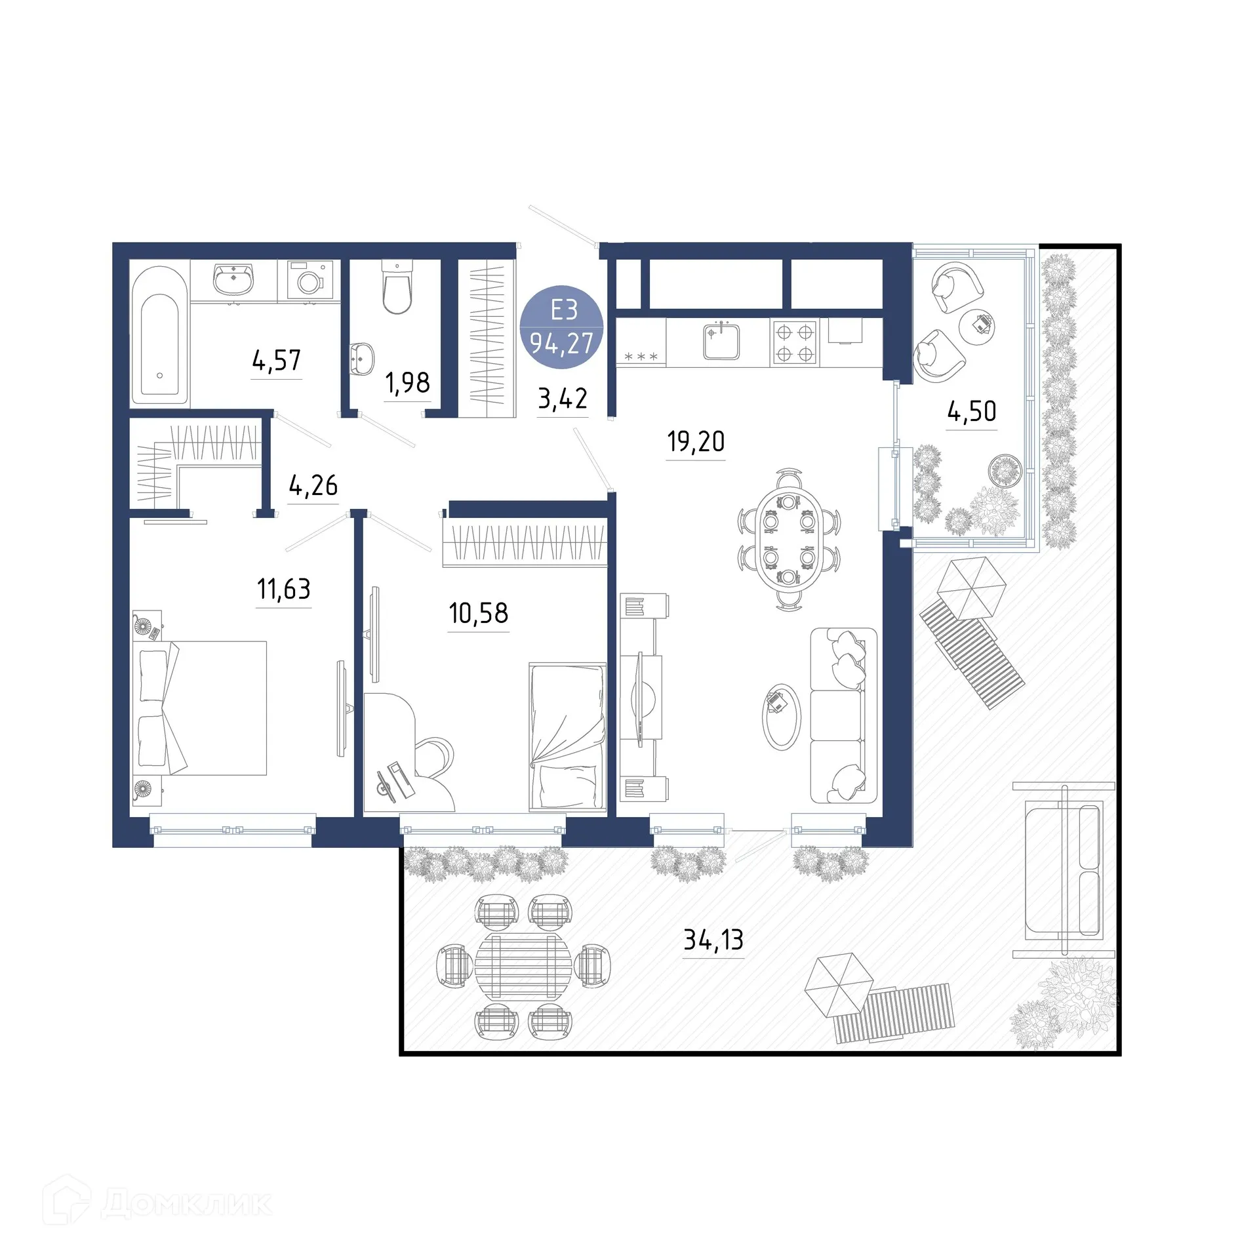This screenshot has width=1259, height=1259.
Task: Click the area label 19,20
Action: coord(696,441)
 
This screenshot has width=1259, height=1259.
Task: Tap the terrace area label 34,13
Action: coord(713,940)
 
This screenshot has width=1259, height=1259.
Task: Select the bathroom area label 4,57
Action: coord(276,361)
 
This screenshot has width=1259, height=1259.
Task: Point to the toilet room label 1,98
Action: coord(407,382)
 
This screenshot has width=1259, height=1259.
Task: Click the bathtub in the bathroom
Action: coord(159,334)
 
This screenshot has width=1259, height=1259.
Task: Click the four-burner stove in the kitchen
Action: coord(795,342)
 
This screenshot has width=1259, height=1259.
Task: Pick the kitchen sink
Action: coord(721,341)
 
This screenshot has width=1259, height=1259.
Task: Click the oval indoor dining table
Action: coord(789,539)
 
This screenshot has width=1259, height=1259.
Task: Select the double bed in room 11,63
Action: coord(200,708)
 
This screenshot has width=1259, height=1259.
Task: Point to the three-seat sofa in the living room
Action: coord(843,715)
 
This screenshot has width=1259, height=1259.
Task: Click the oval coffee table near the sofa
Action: coord(781,716)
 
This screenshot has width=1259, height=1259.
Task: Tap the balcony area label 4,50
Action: coord(971,411)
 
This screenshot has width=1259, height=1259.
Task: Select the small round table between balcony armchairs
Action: coord(976,325)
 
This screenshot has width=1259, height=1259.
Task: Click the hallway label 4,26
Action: coord(313,485)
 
